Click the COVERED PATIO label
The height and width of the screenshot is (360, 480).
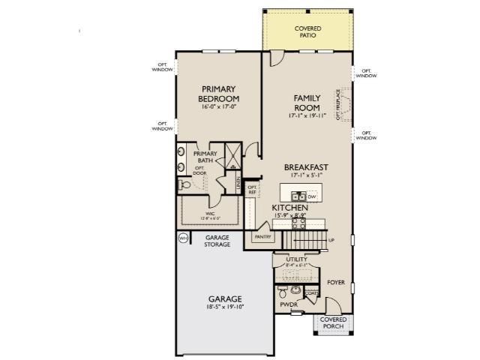click(307, 31)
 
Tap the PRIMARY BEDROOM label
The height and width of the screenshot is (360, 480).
click(219, 94)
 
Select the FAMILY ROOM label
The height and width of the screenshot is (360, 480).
click(307, 103)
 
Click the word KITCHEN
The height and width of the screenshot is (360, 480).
click(289, 207)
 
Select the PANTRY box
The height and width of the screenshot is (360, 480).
click(262, 237)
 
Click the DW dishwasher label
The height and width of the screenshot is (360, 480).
click(313, 196)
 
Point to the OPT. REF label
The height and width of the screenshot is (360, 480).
click(253, 190)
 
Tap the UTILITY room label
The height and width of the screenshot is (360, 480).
click(297, 259)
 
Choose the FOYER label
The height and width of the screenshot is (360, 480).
click(335, 283)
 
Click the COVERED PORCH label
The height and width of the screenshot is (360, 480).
click(333, 322)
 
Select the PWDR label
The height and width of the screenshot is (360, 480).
click(289, 305)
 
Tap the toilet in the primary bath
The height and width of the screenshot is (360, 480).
click(184, 184)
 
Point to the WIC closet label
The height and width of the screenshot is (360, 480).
click(211, 214)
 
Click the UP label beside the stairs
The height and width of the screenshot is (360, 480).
click(331, 240)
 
